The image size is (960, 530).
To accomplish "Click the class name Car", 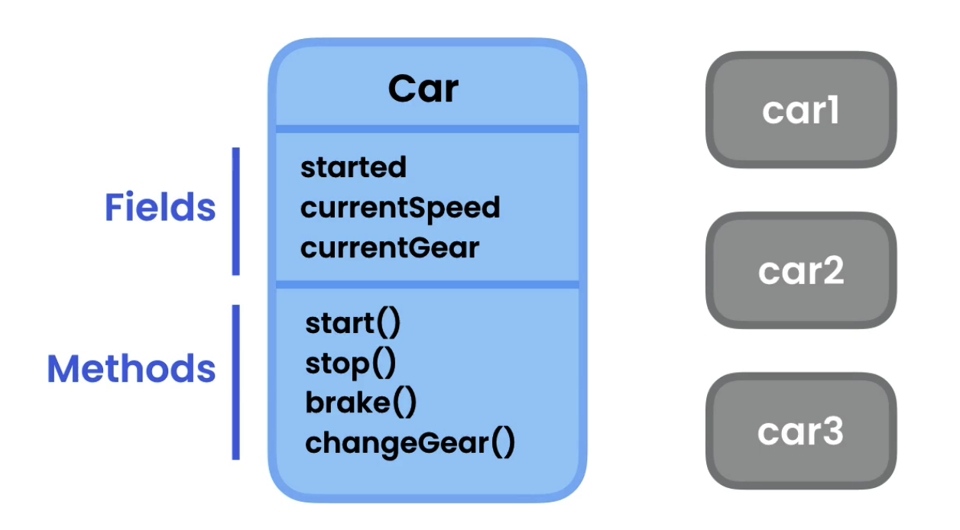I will coord(423,89).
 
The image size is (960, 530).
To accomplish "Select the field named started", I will coord(353,167).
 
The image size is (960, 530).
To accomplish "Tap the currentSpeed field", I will coord(400,208).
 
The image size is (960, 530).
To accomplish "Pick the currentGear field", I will coord(390,248).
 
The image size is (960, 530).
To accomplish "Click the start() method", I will coord(352,324).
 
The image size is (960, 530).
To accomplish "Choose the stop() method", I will coord(351,364).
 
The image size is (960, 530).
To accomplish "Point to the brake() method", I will coord(361,403).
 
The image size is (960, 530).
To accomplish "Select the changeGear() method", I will coord(410,443).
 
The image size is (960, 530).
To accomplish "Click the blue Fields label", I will coord(160,208).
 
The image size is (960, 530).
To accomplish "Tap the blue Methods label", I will coord(131,369).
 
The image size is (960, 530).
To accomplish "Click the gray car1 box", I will coord(800,110).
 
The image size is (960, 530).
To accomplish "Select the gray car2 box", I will coord(800,270).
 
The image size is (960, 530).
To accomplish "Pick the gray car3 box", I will coord(800,431).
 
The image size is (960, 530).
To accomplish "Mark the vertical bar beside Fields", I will coord(236,211).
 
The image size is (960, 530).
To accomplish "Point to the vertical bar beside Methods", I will coord(235,382).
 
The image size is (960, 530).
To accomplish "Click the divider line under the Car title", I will coord(427,128).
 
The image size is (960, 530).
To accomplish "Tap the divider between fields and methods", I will coord(427,285).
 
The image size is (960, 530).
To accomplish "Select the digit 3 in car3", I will coord(832,432).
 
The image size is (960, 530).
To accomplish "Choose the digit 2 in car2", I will coord(832,271).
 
